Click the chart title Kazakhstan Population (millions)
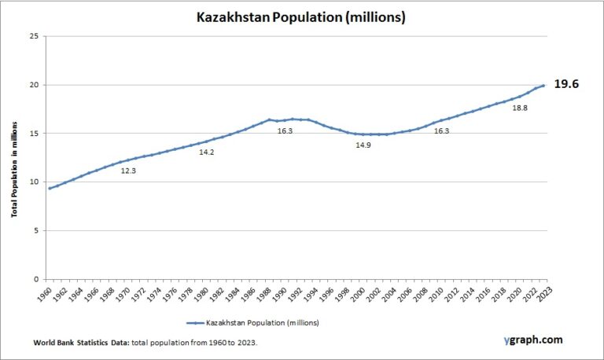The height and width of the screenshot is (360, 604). pyautogui.click(x=301, y=17)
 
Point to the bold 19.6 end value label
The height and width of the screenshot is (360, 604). pyautogui.click(x=566, y=83)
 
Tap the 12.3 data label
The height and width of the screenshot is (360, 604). pyautogui.click(x=128, y=171)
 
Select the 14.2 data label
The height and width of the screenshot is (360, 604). pyautogui.click(x=207, y=152)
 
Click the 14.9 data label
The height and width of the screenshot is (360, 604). pyautogui.click(x=363, y=145)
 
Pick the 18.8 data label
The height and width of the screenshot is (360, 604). pyautogui.click(x=520, y=108)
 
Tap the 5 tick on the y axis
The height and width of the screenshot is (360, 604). pyautogui.click(x=34, y=230)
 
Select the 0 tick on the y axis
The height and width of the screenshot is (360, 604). pyautogui.click(x=34, y=279)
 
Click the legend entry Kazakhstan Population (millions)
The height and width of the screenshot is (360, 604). pyautogui.click(x=262, y=323)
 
